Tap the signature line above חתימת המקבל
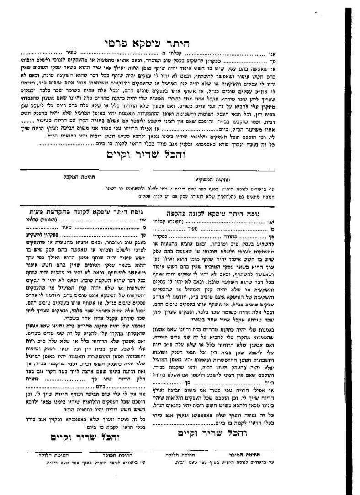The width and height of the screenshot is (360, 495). [77, 169]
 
